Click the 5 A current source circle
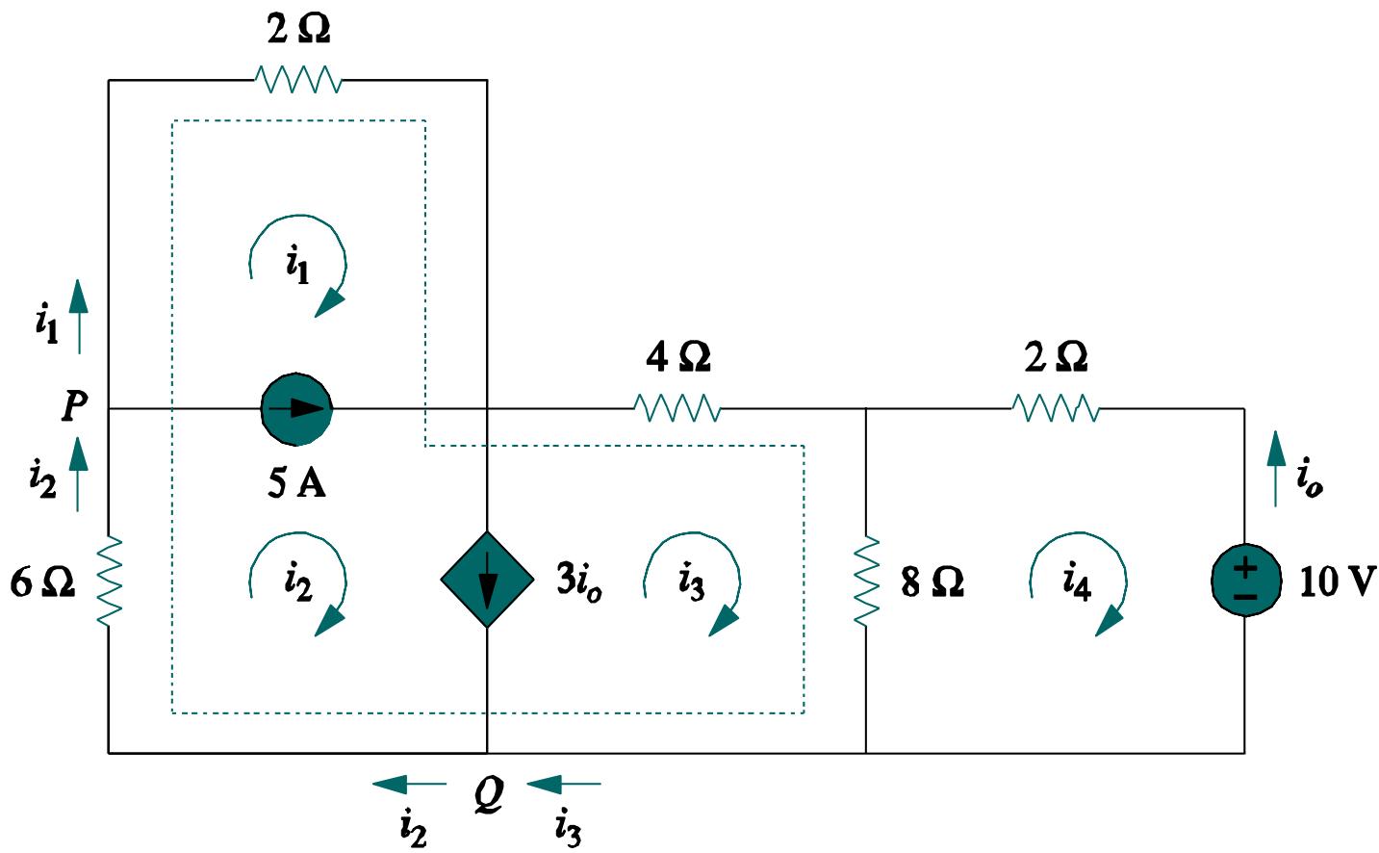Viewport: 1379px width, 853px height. tap(297, 409)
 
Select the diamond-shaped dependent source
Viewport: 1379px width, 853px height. tap(487, 580)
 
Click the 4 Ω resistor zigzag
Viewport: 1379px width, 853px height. tap(677, 409)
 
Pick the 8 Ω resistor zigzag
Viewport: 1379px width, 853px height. tap(866, 582)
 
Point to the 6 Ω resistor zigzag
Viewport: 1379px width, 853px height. tap(109, 582)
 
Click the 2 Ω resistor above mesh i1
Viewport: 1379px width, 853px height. tap(298, 80)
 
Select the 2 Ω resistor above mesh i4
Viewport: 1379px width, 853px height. tap(1056, 409)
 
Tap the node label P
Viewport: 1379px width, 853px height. tap(74, 406)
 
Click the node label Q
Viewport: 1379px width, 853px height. tap(489, 795)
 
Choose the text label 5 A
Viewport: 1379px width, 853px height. tap(296, 482)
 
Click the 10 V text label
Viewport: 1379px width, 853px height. tap(1337, 582)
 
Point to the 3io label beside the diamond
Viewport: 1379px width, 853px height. tap(579, 581)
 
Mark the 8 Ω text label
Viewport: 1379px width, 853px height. tap(932, 582)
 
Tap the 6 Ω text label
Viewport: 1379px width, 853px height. tap(42, 582)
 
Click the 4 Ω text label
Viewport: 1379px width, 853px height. tap(678, 357)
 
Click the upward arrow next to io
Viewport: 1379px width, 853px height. tap(1276, 468)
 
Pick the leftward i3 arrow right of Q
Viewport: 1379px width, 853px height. tap(565, 785)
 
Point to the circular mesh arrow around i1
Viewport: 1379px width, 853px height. tap(298, 265)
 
